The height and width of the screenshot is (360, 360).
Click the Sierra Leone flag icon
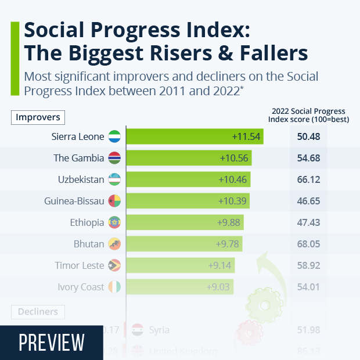114,136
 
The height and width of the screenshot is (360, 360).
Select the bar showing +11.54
195,136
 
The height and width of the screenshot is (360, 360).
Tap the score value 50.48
308,136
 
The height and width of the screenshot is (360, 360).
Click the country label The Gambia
79,158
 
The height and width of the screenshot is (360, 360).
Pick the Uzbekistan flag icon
114,179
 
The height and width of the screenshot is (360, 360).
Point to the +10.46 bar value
233,179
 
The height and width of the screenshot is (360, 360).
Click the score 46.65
308,201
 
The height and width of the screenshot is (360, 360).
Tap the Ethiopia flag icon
114,222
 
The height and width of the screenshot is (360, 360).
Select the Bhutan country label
89,244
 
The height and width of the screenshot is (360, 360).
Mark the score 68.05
308,244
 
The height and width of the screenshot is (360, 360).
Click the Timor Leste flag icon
114,265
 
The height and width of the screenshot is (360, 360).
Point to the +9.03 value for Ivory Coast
219,287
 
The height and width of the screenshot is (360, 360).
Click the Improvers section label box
38,117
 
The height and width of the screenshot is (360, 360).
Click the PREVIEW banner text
52,343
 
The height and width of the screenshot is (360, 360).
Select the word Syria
159,330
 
